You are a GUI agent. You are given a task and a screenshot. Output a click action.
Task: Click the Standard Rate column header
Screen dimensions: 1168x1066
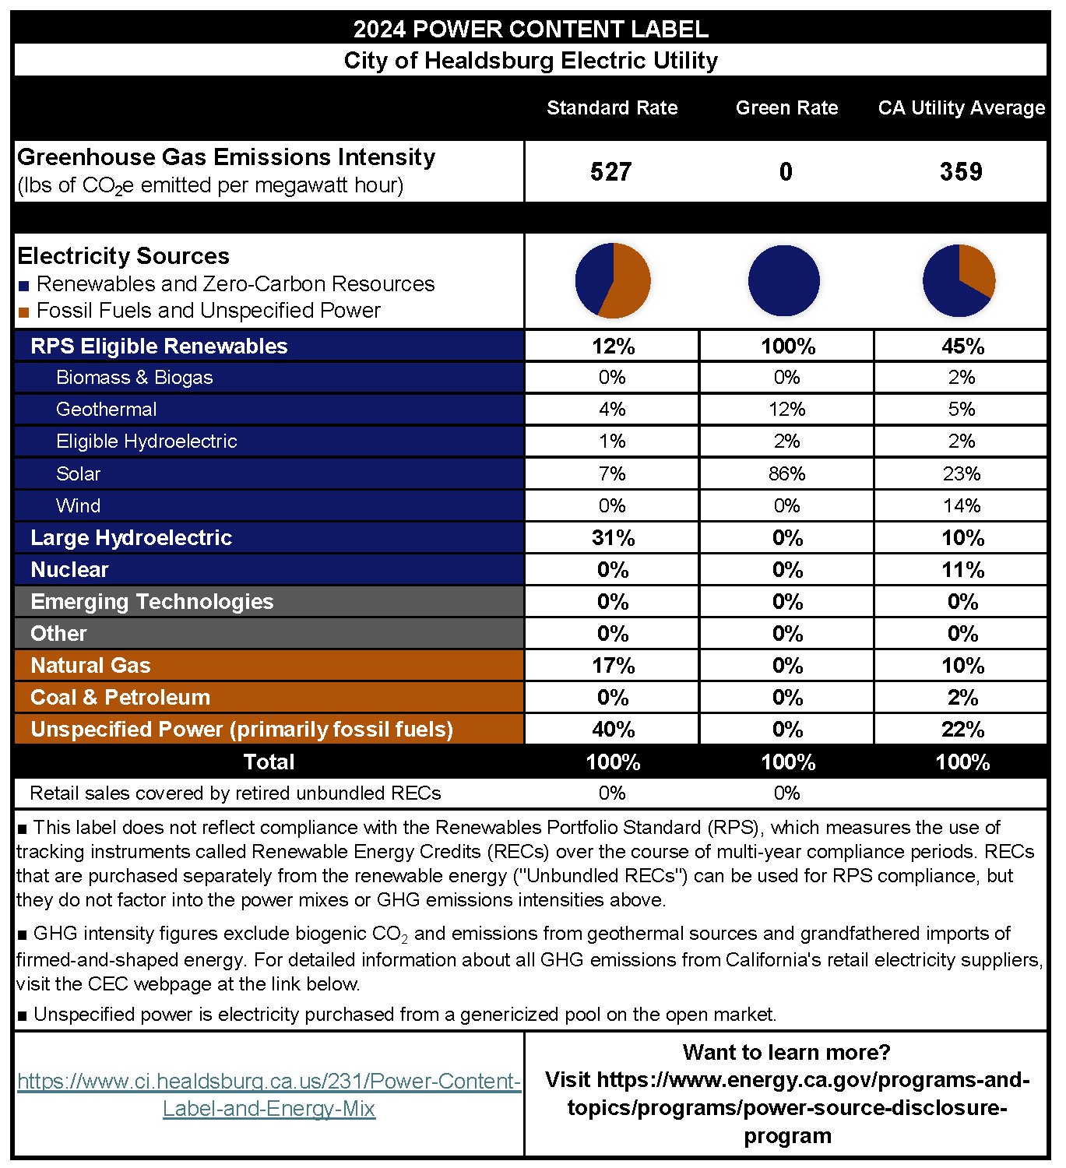tap(611, 107)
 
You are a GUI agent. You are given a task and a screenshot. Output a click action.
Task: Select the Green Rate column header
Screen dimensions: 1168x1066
tap(786, 107)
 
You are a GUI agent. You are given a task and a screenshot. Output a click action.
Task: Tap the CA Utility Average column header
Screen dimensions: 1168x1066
tap(961, 107)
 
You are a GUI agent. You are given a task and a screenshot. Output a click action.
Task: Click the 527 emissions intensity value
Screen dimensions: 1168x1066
tap(610, 171)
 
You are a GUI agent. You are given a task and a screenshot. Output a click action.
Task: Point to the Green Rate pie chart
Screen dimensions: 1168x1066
tap(784, 281)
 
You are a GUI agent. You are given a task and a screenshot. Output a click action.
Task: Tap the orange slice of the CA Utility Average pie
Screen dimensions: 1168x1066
tap(976, 268)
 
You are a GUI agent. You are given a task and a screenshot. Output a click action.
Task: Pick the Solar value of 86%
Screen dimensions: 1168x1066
tap(786, 473)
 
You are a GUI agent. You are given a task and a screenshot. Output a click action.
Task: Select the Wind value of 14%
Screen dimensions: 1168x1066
tap(962, 505)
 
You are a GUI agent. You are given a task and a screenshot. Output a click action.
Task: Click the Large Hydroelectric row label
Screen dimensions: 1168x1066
tap(131, 537)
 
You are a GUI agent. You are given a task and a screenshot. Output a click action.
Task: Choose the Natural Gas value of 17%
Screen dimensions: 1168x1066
tap(613, 665)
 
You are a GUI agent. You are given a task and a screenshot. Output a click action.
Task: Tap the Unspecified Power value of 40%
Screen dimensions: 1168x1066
tap(613, 729)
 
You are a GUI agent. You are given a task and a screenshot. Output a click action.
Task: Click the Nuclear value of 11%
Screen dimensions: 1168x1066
tap(962, 569)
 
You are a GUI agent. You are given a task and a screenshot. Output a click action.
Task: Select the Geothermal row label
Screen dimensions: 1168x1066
tap(106, 409)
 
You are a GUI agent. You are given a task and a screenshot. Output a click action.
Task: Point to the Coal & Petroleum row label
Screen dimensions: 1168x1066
tap(120, 697)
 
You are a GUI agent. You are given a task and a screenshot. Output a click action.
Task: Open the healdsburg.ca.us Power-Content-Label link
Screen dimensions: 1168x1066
tap(269, 1094)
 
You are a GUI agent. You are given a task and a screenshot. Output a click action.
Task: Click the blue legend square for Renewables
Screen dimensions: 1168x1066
tap(23, 286)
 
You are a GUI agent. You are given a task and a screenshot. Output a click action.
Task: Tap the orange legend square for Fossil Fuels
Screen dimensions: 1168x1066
tap(23, 312)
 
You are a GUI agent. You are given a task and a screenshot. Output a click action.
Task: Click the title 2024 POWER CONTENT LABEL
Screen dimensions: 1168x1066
tap(530, 29)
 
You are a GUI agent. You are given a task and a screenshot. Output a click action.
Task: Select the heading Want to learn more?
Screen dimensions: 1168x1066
tap(786, 1052)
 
